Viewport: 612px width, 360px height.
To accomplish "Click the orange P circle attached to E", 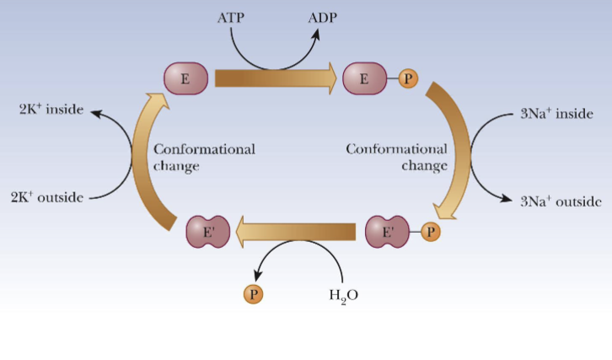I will (408, 79).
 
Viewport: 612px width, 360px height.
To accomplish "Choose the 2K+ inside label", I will (51, 110).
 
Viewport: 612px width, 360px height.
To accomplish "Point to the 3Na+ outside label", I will (561, 201).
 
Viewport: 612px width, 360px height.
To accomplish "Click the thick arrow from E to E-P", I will (275, 78).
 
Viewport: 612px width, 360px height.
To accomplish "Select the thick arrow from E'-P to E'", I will (294, 230).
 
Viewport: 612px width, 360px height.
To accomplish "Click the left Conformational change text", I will (204, 158).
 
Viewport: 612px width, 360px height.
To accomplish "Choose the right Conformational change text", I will (397, 158).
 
